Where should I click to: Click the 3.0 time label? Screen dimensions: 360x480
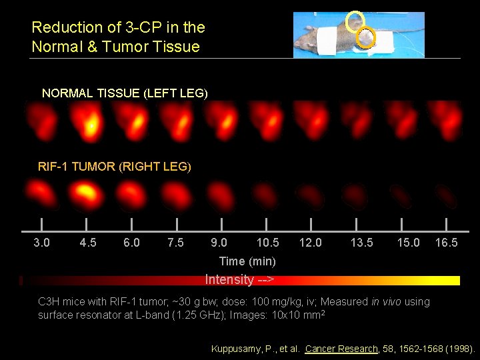click(x=41, y=243)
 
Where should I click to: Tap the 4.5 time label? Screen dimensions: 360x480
click(x=87, y=243)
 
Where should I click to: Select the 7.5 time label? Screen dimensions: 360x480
click(x=175, y=243)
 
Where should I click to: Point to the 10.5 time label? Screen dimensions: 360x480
click(x=268, y=243)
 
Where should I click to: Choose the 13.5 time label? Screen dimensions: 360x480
click(x=362, y=243)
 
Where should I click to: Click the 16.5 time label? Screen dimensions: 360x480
click(x=446, y=243)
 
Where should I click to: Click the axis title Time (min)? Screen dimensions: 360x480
click(x=247, y=261)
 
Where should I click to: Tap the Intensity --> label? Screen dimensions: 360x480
click(x=240, y=280)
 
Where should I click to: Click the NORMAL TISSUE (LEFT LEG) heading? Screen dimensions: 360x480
click(x=125, y=93)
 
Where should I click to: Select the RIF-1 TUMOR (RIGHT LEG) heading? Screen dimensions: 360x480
click(x=115, y=167)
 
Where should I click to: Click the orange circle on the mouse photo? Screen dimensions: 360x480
click(x=365, y=39)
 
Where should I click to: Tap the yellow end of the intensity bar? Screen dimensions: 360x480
click(x=453, y=280)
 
